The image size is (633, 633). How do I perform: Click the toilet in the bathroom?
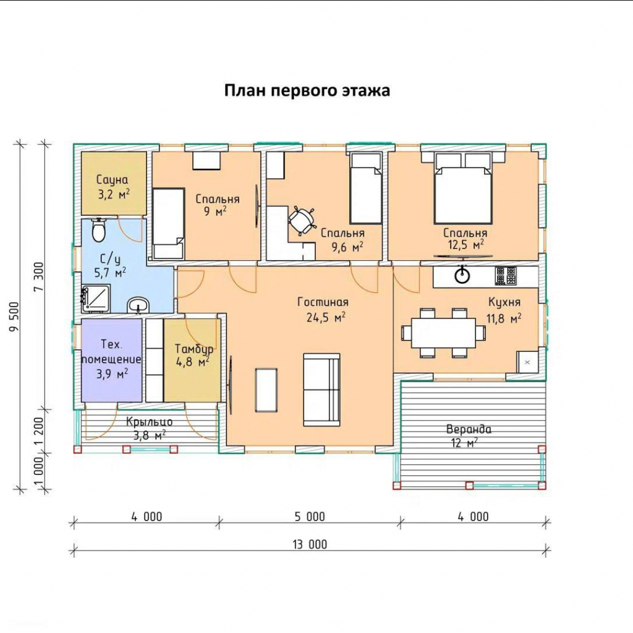click(99, 230)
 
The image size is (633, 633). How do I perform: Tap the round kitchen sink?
click(462, 276)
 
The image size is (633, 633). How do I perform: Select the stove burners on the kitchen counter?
click(506, 276)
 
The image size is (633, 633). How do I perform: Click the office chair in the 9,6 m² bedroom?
click(302, 220)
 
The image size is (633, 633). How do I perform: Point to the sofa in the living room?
click(321, 389)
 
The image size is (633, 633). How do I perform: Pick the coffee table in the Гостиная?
click(266, 390)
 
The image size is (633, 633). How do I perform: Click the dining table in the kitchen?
click(443, 333)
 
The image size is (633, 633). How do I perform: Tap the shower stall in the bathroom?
click(96, 299)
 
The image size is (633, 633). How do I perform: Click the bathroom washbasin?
click(138, 305)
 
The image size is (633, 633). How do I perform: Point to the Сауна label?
click(113, 180)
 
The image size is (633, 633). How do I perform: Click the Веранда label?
click(469, 429)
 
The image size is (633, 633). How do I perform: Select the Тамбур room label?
click(193, 349)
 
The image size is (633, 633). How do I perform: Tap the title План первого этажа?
click(307, 90)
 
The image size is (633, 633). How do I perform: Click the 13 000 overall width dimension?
click(310, 544)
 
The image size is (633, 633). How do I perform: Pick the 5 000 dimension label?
click(310, 517)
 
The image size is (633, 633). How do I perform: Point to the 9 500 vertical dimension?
click(15, 316)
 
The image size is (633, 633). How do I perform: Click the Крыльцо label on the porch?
click(150, 422)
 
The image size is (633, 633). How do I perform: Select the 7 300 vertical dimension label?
click(39, 277)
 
